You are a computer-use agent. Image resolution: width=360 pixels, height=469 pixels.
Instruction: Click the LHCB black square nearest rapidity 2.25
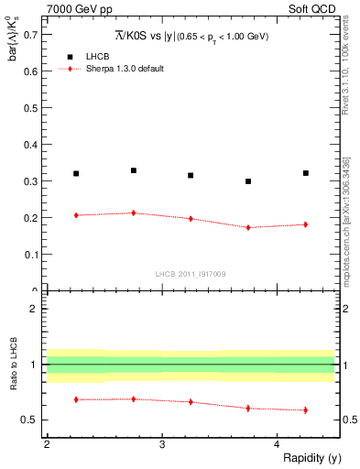coord(76,173)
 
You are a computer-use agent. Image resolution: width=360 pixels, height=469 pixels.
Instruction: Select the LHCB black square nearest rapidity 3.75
coord(248,181)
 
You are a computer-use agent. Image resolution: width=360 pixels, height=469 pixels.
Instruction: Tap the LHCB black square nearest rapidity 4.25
coord(306,173)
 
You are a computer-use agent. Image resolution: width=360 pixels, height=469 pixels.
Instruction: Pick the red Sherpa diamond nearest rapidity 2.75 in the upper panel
coord(134,213)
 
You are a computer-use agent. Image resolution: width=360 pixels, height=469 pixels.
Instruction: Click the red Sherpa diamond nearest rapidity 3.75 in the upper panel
coord(248,227)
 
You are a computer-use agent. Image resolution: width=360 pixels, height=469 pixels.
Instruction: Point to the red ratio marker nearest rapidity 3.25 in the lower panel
coord(191,401)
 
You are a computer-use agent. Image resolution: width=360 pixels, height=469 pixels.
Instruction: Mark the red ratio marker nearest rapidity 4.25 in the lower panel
coord(306,409)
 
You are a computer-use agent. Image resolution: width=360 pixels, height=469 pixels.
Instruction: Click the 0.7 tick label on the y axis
coord(30,34)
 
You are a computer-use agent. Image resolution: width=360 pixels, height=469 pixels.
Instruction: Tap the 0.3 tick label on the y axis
coord(30,181)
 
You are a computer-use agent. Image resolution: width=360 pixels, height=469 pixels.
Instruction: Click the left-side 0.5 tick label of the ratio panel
coord(30,420)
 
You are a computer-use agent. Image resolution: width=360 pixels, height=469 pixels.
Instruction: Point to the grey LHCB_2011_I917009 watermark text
coord(191,274)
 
